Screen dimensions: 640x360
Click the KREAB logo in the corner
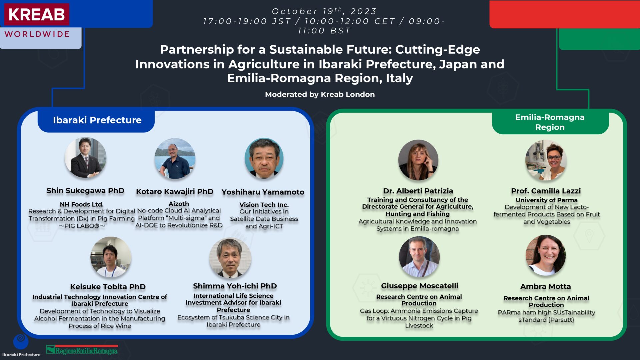(37, 14)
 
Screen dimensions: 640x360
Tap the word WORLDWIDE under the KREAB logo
(37, 34)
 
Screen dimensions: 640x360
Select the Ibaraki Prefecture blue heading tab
(96, 120)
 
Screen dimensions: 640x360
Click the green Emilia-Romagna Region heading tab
(550, 122)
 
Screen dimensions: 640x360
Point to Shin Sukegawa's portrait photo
(85, 157)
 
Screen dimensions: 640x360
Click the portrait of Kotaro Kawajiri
(175, 158)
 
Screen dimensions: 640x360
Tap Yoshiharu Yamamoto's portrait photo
(264, 158)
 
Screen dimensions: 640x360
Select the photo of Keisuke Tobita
(111, 257)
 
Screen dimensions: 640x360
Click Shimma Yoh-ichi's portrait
(230, 258)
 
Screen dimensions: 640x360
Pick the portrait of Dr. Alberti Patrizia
(418, 160)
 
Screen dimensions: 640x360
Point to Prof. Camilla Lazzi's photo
(546, 160)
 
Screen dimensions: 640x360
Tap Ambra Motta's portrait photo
(546, 255)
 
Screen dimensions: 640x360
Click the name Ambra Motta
(546, 287)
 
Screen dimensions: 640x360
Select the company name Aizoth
(179, 204)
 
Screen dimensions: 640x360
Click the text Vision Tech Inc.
(264, 205)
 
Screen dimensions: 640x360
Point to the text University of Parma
(547, 200)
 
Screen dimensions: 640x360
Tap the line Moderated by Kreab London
(320, 95)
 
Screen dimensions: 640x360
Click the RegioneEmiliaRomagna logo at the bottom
(82, 350)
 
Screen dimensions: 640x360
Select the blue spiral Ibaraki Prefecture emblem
(21, 341)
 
